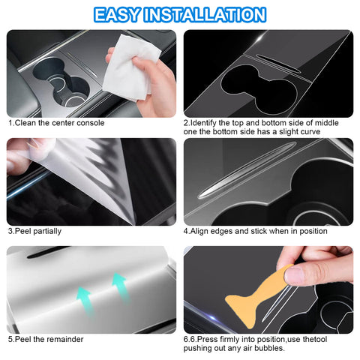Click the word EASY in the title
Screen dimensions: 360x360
click(123, 14)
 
